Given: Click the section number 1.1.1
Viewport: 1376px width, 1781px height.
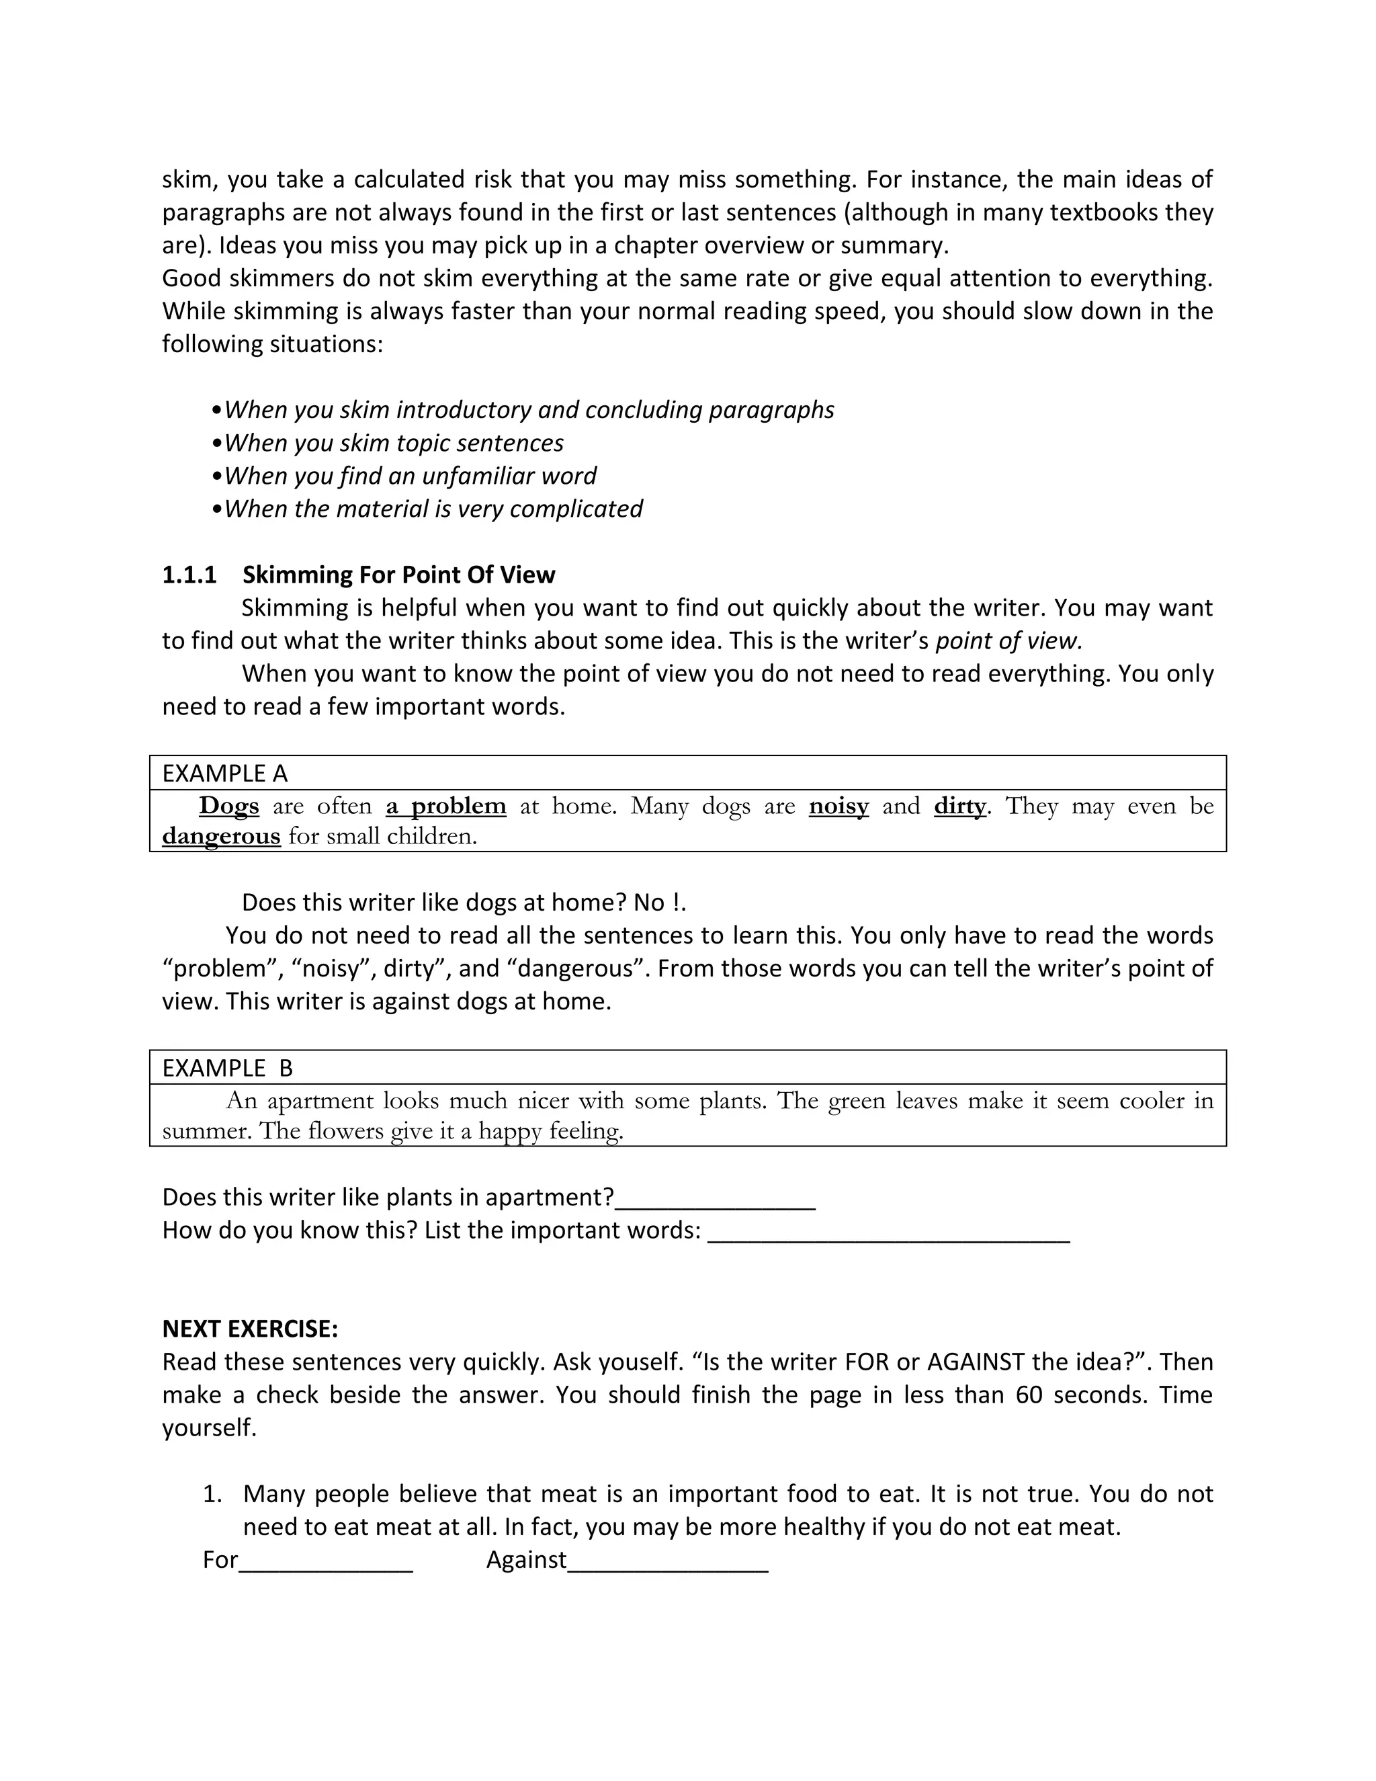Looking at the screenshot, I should (189, 575).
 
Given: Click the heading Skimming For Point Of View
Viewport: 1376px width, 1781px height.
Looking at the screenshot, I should (398, 575).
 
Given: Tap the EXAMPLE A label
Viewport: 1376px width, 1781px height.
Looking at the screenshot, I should (225, 773).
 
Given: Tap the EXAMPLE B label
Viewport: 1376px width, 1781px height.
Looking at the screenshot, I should (228, 1069).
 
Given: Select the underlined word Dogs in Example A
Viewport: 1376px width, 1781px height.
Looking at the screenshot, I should (229, 806).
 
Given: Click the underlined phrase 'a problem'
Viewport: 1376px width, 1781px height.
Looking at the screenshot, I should (446, 806).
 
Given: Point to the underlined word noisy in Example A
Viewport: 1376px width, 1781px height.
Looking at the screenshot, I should (838, 806).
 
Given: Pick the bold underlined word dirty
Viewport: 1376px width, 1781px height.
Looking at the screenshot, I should (959, 806).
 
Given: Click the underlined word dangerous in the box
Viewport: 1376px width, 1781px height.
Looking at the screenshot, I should (221, 837).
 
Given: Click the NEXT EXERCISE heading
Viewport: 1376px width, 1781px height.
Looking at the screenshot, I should (250, 1329).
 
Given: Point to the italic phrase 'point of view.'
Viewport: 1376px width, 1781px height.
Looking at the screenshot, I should (1008, 641).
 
